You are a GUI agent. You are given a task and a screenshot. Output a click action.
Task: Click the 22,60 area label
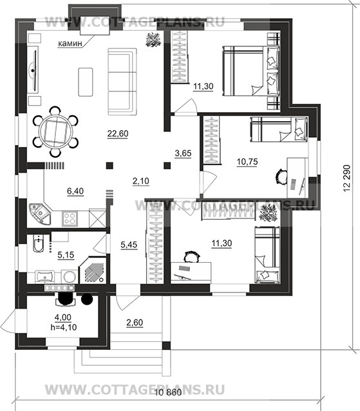(x=118, y=134)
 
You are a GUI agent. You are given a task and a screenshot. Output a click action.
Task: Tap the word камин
(x=70, y=43)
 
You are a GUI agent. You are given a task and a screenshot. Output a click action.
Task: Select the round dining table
(x=55, y=131)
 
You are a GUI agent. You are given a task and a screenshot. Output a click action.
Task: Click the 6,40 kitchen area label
(x=75, y=191)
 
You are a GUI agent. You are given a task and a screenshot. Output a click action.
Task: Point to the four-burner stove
(x=70, y=218)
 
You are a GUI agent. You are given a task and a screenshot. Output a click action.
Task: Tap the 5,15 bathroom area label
(x=66, y=254)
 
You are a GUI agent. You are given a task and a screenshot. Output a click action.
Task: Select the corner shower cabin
(x=93, y=270)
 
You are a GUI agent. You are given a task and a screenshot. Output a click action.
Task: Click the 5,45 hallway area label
(x=129, y=245)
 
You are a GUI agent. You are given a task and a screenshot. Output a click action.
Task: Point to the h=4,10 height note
(x=63, y=327)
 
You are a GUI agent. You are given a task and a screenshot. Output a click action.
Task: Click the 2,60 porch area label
(x=135, y=323)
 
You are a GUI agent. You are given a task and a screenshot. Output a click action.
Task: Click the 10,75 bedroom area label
(x=247, y=162)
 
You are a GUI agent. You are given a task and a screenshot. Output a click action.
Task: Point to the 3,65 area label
(x=183, y=153)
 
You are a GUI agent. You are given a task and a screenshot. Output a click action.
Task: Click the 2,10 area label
(x=140, y=181)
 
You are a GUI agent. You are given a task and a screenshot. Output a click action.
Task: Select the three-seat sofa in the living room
(x=122, y=82)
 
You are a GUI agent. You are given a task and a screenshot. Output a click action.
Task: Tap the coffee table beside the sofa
(x=86, y=82)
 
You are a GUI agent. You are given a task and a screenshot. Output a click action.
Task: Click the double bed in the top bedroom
(x=251, y=71)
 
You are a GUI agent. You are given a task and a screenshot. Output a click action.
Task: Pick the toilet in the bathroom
(x=39, y=244)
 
